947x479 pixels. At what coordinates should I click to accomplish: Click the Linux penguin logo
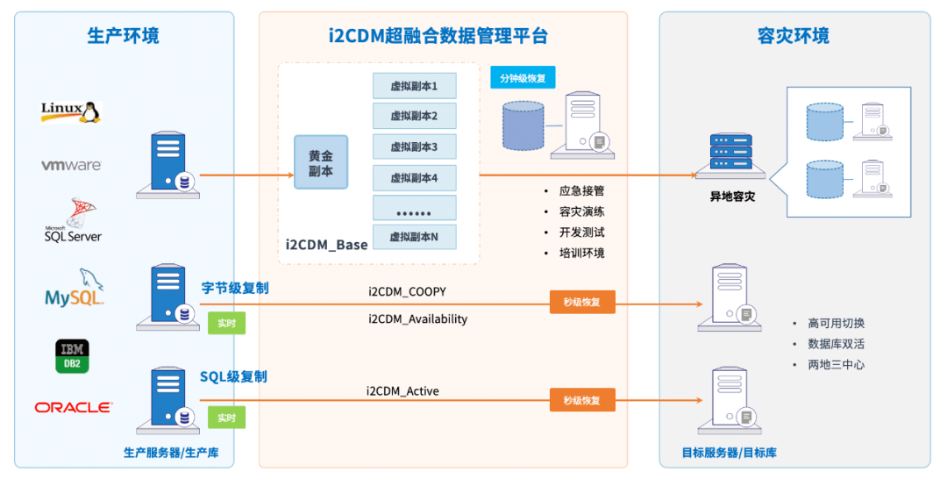[x=71, y=111]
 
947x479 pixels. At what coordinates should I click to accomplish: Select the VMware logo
[x=71, y=165]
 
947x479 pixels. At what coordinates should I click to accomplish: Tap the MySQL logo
[x=75, y=289]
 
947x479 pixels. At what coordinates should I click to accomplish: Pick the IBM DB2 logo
[x=72, y=355]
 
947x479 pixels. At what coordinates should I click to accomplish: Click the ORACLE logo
[x=73, y=407]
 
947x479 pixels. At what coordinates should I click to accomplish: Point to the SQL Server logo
[x=73, y=222]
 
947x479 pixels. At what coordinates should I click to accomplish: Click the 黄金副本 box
[x=321, y=162]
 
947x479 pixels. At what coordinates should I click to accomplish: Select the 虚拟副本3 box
[x=414, y=147]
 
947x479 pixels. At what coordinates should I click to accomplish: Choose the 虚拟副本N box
[x=414, y=237]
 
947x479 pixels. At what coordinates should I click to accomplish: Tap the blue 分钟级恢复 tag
[x=523, y=78]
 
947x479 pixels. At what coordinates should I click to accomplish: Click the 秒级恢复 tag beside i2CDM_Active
[x=582, y=400]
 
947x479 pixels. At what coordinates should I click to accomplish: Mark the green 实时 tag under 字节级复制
[x=226, y=323]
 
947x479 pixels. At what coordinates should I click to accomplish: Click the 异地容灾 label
[x=732, y=197]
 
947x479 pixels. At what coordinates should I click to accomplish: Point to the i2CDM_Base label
[x=326, y=243]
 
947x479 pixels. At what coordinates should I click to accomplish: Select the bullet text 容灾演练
[x=581, y=211]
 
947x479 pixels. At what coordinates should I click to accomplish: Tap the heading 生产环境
[x=124, y=36]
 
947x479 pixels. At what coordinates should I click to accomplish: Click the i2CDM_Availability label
[x=417, y=319]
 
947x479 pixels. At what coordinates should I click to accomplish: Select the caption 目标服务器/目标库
[x=729, y=453]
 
